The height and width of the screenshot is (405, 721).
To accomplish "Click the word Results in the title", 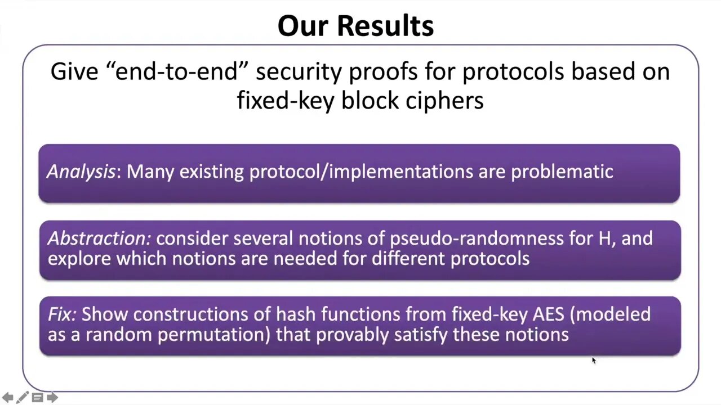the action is (385, 26).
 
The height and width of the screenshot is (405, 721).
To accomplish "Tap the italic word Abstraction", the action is (99, 238).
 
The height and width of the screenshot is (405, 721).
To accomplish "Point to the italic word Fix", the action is (62, 314).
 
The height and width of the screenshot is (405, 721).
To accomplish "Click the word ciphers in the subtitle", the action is (444, 101).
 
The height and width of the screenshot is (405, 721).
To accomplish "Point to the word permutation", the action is (213, 335).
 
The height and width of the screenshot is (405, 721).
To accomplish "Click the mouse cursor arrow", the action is (594, 361).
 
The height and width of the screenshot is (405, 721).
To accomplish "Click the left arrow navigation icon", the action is (8, 397).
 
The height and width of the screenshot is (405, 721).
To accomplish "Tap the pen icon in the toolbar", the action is (22, 397).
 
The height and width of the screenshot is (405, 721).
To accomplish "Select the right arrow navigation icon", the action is (52, 397).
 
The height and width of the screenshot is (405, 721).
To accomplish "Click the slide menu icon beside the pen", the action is (37, 398).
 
